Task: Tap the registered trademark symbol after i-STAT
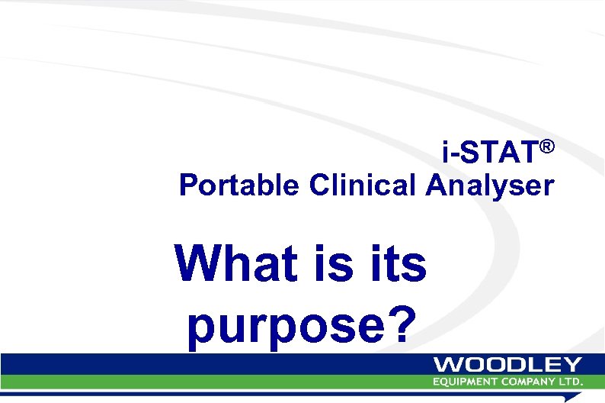(546, 145)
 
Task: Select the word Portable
(239, 185)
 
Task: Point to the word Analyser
(490, 185)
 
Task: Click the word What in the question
(236, 263)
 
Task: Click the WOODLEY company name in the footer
(507, 365)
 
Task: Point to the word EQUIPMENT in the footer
(463, 381)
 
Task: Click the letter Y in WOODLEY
(572, 365)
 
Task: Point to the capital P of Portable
(187, 185)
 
